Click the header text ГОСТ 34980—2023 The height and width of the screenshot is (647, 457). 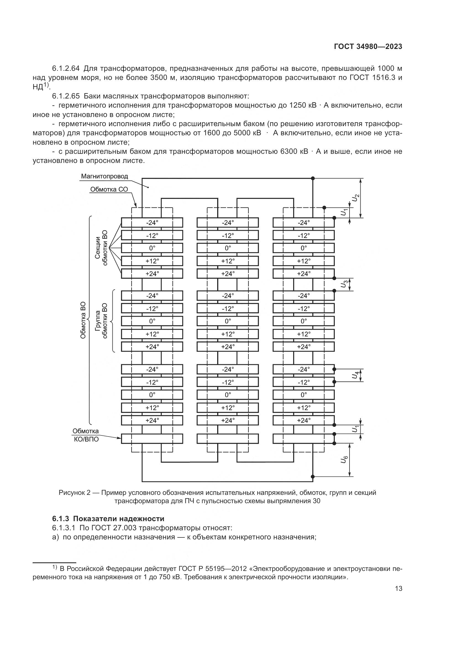(368, 46)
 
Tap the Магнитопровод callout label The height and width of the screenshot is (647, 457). (104, 176)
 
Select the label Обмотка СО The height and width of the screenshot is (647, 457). (109, 189)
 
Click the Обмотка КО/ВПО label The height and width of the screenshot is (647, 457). (86, 435)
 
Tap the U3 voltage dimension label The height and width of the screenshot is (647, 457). (344, 284)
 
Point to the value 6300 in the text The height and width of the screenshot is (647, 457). (288, 152)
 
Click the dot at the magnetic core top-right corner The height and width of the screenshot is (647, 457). (313, 178)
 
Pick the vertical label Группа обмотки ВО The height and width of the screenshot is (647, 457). (101, 321)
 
